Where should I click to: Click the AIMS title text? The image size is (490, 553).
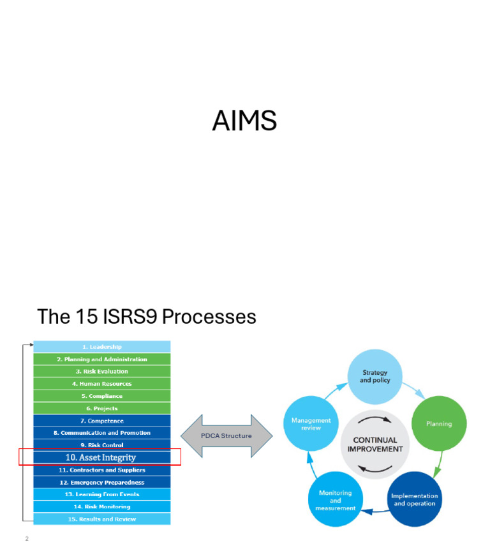(244, 121)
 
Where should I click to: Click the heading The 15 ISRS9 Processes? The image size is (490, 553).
(146, 317)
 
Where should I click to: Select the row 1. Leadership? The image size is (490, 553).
(102, 347)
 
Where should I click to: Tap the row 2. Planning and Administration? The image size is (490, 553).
(102, 359)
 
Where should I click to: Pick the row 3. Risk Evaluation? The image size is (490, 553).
(102, 372)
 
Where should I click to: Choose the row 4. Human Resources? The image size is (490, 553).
(102, 384)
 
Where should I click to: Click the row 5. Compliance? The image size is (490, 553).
(102, 396)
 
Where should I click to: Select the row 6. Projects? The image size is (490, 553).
(102, 408)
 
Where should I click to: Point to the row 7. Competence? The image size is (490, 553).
(102, 421)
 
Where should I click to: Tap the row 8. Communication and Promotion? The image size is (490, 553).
(102, 433)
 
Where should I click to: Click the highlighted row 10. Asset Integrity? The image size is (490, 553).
(101, 457)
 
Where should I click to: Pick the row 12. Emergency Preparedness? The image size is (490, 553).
(102, 482)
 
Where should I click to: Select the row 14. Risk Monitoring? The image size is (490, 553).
(102, 507)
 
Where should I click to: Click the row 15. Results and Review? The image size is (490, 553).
(102, 519)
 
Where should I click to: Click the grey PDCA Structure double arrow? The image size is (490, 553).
(226, 436)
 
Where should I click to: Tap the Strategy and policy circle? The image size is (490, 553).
(375, 377)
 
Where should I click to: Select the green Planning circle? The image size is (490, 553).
(439, 423)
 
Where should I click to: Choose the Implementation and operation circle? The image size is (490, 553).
(415, 499)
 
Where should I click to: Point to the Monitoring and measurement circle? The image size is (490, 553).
(336, 500)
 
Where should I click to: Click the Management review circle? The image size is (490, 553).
(311, 424)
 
